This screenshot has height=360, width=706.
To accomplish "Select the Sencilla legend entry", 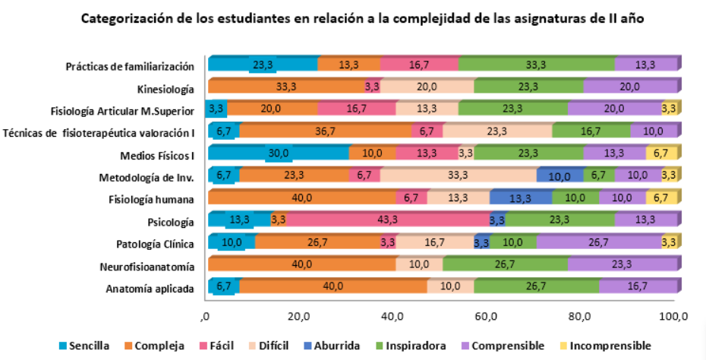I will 85,346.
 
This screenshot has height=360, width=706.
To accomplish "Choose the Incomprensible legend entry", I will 610,346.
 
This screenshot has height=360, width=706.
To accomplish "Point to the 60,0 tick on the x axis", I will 486,316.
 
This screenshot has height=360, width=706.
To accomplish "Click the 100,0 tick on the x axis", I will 673,316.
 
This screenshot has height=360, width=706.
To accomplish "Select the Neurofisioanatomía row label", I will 147,267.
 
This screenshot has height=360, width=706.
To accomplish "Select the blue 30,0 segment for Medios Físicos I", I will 279,154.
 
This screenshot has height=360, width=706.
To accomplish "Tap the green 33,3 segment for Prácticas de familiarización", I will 537,65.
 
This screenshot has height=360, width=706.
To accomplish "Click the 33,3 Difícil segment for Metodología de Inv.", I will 458,176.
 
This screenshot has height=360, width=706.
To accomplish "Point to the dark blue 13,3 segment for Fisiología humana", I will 520,199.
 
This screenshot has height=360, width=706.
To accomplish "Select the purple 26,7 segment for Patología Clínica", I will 598,244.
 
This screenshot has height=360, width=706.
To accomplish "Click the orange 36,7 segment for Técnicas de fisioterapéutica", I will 325,132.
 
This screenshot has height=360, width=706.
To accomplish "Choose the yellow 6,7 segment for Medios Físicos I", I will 660,154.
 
